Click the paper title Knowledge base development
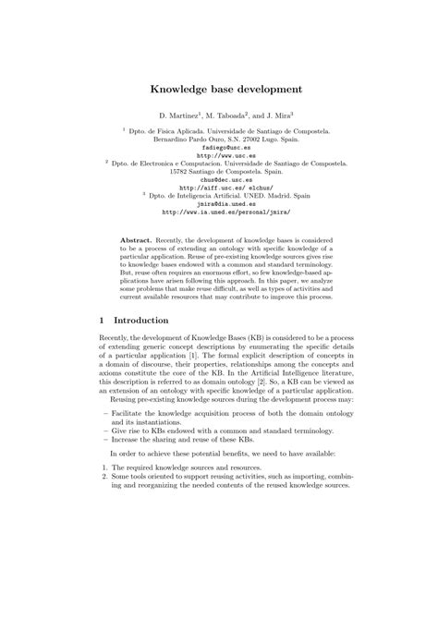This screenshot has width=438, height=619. click(220, 91)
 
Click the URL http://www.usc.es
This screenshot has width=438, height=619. click(220, 155)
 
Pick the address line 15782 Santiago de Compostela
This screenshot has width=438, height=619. click(219, 172)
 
